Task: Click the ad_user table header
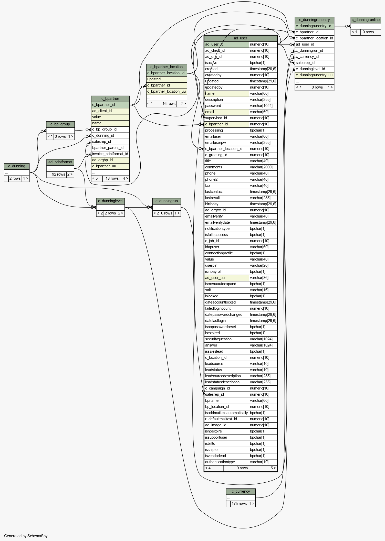(241, 38)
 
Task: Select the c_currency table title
(241, 491)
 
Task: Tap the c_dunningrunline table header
(366, 20)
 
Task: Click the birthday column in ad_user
(212, 204)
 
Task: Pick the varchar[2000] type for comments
(261, 167)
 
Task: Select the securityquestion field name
(218, 339)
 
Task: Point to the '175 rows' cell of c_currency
(239, 504)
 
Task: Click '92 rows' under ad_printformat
(58, 174)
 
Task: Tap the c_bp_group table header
(60, 124)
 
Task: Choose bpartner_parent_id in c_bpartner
(108, 148)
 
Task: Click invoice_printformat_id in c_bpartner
(110, 154)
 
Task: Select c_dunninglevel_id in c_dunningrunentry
(310, 69)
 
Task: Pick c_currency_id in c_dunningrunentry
(307, 57)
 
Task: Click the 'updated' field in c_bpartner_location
(154, 79)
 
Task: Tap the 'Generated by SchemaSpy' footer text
(26, 536)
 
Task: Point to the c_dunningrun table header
(167, 201)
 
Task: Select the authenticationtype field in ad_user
(220, 462)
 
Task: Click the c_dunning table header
(17, 166)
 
